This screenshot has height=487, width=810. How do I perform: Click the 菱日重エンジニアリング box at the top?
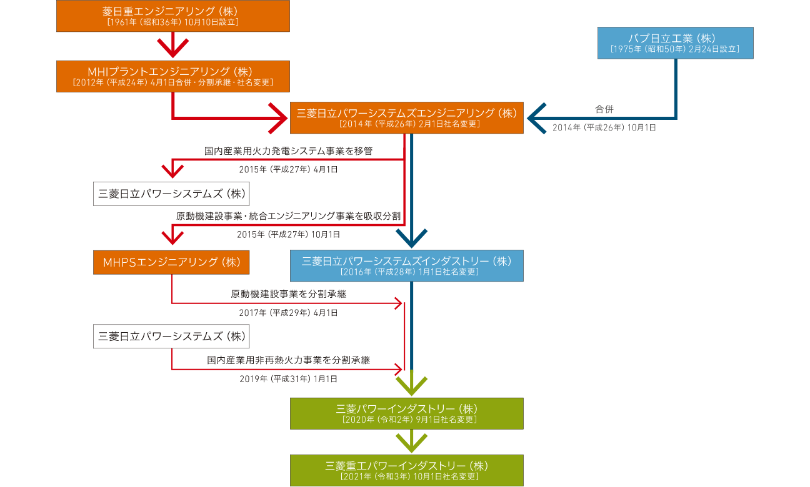[x=172, y=16]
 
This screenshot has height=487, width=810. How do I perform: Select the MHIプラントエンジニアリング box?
[x=172, y=76]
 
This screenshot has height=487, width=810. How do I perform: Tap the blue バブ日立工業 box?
[x=675, y=42]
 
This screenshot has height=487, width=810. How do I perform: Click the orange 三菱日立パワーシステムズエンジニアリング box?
[x=406, y=117]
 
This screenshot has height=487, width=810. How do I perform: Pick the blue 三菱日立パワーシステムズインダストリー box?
[x=406, y=266]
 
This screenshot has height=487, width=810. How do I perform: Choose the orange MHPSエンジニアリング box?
[x=171, y=262]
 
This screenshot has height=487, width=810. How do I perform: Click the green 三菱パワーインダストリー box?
[x=406, y=413]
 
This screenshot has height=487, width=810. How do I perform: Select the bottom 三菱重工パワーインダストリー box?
[x=406, y=470]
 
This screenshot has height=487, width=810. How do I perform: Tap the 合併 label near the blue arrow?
[x=604, y=109]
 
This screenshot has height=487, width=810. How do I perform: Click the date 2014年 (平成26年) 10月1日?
[x=604, y=128]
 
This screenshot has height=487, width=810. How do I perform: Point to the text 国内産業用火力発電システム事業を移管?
[x=289, y=150]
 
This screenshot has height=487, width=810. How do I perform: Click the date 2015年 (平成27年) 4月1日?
[x=288, y=169]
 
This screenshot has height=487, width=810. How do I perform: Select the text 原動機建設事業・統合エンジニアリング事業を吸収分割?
[x=288, y=216]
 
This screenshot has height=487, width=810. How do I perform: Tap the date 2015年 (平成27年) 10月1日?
[x=288, y=235]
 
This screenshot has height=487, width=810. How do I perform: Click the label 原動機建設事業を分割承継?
[x=288, y=293]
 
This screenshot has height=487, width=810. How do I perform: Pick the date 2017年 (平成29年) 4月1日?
[x=288, y=312]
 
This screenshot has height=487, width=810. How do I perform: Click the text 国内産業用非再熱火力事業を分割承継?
[x=288, y=360]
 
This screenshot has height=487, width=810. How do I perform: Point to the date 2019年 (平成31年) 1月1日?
[x=288, y=378]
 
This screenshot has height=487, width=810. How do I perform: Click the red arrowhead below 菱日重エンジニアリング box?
[x=172, y=47]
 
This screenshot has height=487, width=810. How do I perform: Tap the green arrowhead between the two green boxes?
[x=411, y=443]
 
